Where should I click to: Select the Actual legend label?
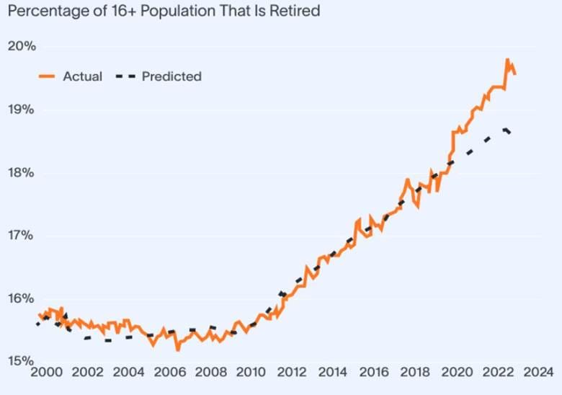point(83,76)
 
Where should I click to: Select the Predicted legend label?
point(171,76)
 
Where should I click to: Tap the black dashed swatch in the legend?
point(125,76)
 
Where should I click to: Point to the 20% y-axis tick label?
point(22,47)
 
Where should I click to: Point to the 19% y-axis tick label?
point(22,110)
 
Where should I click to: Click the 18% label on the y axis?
point(22,173)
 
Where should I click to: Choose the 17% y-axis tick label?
point(22,236)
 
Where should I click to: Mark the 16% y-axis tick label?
point(22,298)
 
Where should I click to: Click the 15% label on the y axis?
point(22,360)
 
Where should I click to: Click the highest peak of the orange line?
point(507,60)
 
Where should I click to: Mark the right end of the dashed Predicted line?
point(512,135)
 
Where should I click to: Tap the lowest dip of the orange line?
point(177,350)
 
